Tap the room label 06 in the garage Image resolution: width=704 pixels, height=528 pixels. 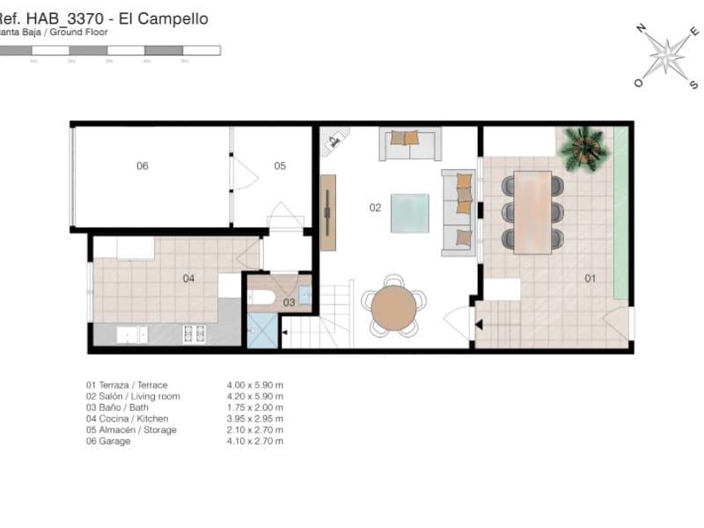(142, 165)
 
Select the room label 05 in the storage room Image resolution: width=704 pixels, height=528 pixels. (280, 165)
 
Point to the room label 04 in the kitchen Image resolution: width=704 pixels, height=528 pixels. (188, 278)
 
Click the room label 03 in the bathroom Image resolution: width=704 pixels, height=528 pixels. (289, 302)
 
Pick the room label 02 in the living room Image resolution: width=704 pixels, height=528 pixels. (375, 209)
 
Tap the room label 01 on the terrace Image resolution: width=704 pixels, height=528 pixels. (590, 279)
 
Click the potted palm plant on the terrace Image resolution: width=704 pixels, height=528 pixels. (583, 146)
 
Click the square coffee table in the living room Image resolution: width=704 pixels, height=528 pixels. (411, 212)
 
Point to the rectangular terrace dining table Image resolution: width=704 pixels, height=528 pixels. (533, 211)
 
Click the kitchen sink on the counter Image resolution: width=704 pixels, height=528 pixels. (131, 334)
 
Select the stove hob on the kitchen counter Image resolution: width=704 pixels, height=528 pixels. (194, 334)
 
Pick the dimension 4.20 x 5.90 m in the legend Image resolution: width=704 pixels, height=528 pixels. (255, 397)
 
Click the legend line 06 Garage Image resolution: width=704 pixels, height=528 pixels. (108, 442)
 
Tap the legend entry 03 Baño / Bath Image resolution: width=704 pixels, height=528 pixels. (123, 408)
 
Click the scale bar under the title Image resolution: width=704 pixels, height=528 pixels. (110, 51)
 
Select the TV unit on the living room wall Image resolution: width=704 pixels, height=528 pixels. (328, 212)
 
